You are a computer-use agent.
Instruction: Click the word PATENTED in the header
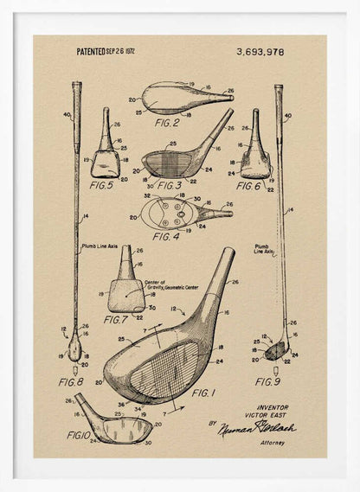(x=91, y=52)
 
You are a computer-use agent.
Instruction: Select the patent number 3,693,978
(x=260, y=52)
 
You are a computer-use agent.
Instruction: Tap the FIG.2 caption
(x=167, y=123)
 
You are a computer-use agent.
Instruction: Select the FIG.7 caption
(x=115, y=319)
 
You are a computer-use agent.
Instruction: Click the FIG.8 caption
(x=71, y=381)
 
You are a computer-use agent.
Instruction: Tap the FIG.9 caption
(x=267, y=381)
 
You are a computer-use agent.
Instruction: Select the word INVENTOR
(x=273, y=406)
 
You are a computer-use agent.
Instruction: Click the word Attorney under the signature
(x=271, y=443)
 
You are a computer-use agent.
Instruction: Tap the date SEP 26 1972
(x=122, y=52)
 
